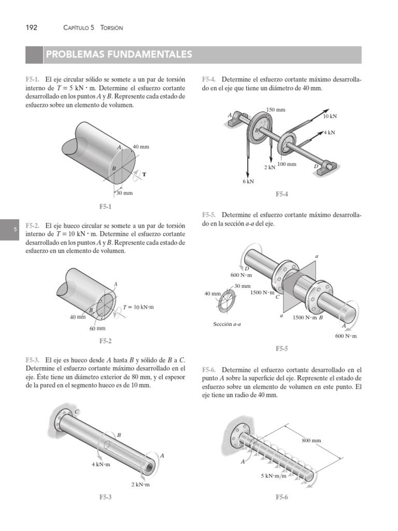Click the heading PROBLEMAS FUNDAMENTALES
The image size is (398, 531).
tap(119, 54)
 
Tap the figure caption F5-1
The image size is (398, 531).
tap(106, 206)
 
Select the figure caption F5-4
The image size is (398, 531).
tap(281, 194)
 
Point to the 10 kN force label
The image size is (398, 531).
tap(330, 117)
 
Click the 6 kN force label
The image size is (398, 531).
tap(248, 181)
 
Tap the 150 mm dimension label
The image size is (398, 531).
tap(276, 110)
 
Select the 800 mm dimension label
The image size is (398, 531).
tap(311, 440)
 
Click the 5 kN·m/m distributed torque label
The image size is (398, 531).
tap(274, 476)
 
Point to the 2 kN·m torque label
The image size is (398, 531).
tap(140, 485)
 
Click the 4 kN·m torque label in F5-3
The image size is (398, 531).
tap(101, 465)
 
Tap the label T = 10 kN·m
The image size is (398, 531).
tap(139, 307)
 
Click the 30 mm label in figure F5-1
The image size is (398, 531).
tap(124, 193)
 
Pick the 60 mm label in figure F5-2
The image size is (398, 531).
tap(97, 328)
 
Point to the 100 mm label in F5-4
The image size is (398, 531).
tap(287, 164)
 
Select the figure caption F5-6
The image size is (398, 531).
tap(282, 497)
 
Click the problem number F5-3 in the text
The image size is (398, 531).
tap(33, 360)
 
